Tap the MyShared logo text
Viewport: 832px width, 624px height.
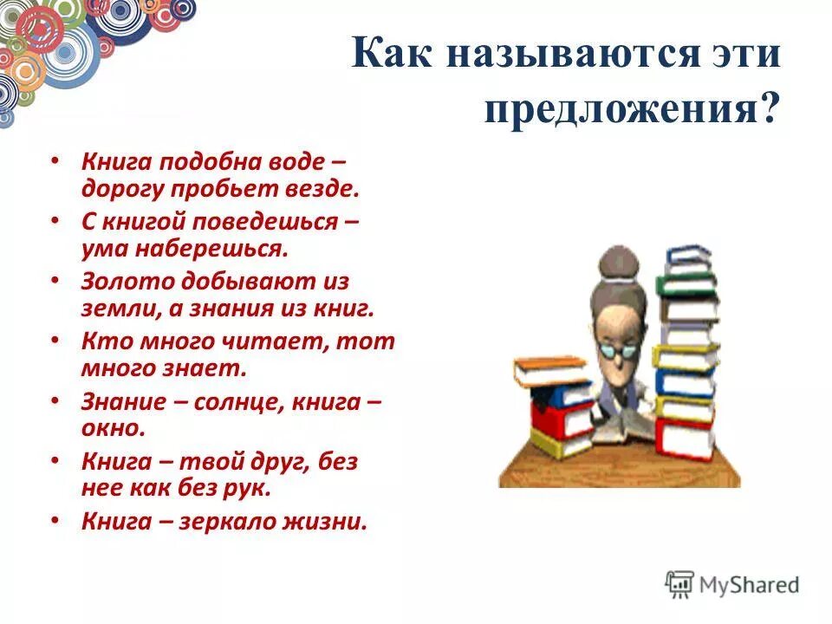coord(749,584)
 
